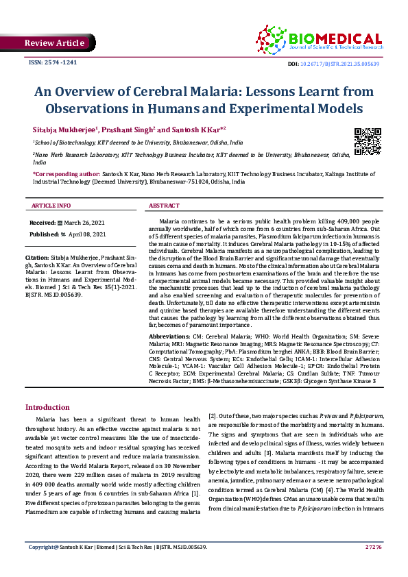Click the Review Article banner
(x=54, y=43)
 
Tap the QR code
(x=368, y=141)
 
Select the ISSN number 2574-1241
(x=52, y=63)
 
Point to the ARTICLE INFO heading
(x=51, y=206)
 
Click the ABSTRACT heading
(x=165, y=206)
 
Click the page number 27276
(x=373, y=566)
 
